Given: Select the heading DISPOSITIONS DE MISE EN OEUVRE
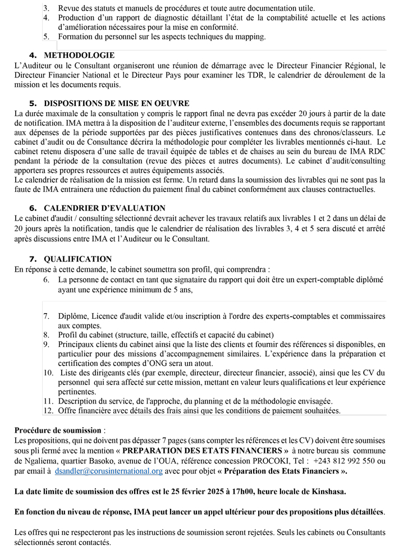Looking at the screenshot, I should pyautogui.click(x=116, y=103).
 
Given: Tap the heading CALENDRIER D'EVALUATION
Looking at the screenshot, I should pyautogui.click(x=104, y=208).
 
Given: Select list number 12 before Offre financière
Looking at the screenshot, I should pyautogui.click(x=48, y=411).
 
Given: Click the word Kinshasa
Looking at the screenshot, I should pyautogui.click(x=327, y=492).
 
